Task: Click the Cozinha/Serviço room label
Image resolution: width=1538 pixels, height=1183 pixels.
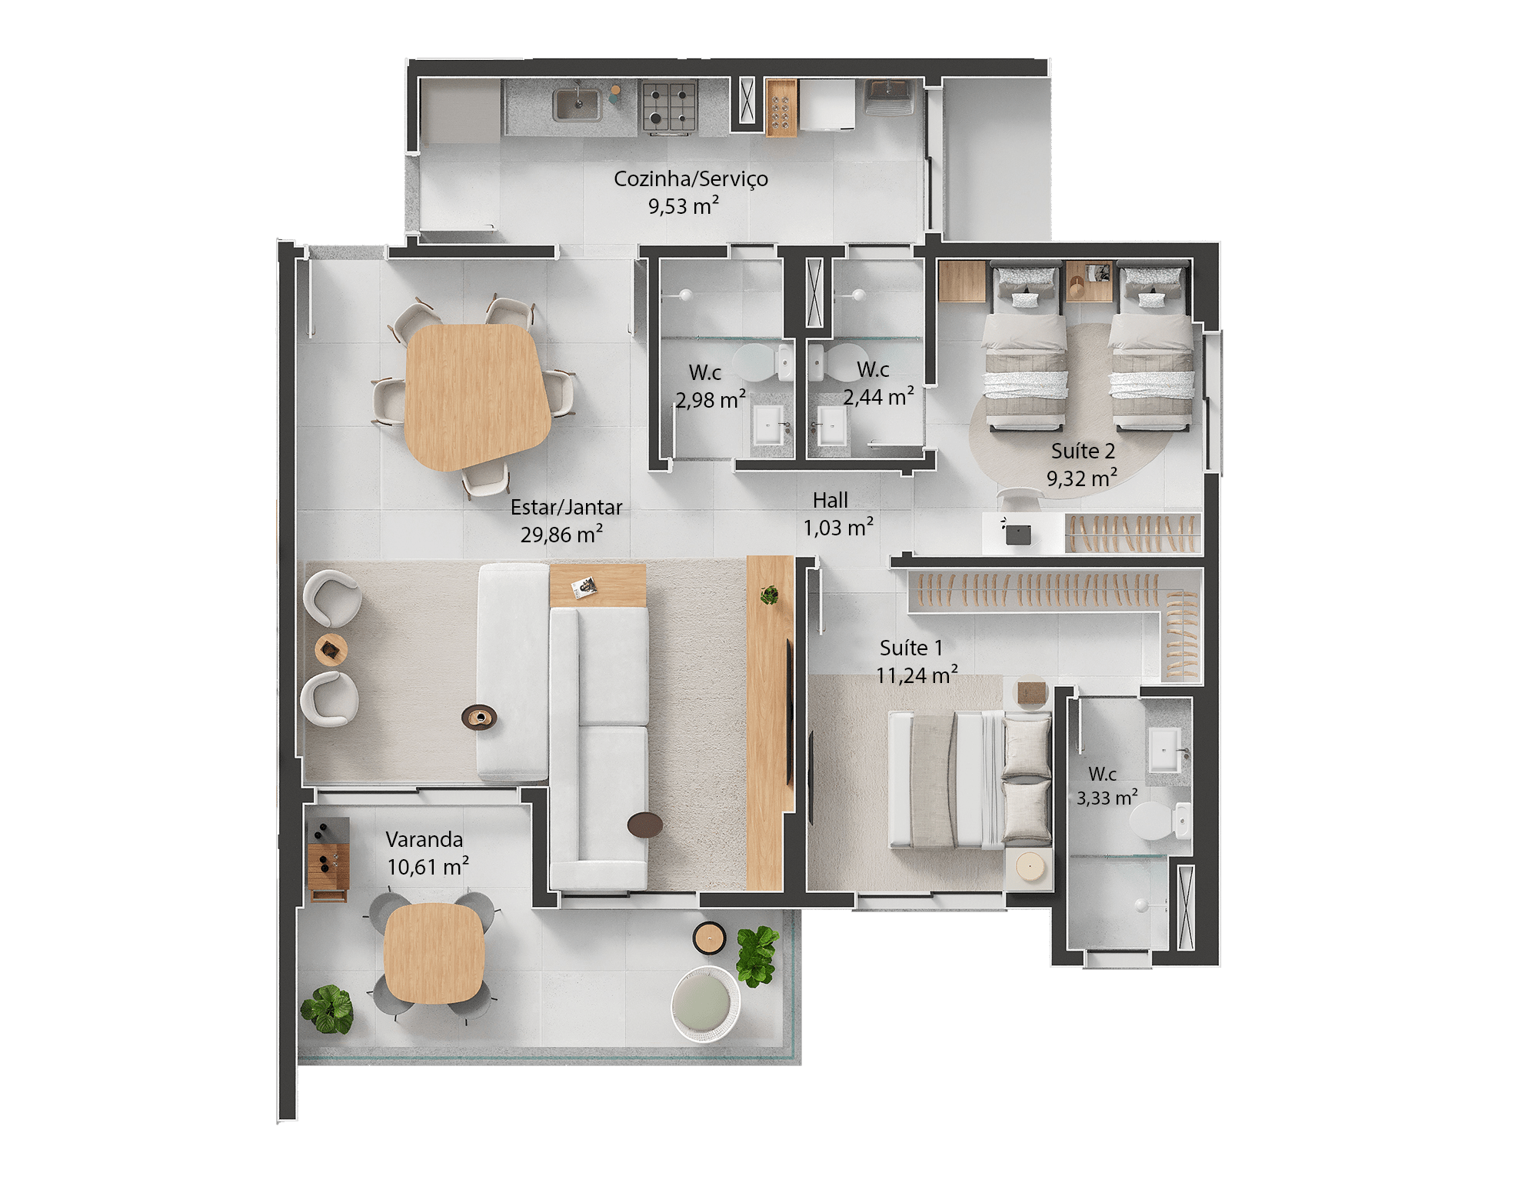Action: pos(691,179)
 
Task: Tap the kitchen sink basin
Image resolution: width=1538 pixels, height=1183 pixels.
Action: pos(578,105)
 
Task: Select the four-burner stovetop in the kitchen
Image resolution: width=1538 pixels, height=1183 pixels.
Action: pos(669,106)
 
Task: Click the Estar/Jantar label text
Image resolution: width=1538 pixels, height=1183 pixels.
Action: pos(566,508)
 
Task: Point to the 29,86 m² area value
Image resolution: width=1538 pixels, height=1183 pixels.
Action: pos(561,535)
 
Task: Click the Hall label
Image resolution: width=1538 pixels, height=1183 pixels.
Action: pos(831,501)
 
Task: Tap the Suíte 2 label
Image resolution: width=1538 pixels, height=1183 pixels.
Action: pos(1083,452)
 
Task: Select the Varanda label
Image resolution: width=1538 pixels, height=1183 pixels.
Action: pos(424,839)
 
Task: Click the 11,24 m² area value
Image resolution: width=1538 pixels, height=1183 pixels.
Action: pos(917,675)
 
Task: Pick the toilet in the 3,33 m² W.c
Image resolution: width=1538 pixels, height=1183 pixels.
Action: pos(1158,821)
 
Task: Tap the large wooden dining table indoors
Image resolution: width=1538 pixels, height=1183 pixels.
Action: pos(477,395)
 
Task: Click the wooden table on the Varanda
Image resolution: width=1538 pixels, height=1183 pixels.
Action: pos(434,953)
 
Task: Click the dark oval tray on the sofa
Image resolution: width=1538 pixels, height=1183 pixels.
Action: pos(479,718)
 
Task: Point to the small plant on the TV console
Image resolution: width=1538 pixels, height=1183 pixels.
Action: pos(769,594)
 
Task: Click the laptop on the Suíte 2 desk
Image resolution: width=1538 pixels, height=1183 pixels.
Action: pos(1018,534)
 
